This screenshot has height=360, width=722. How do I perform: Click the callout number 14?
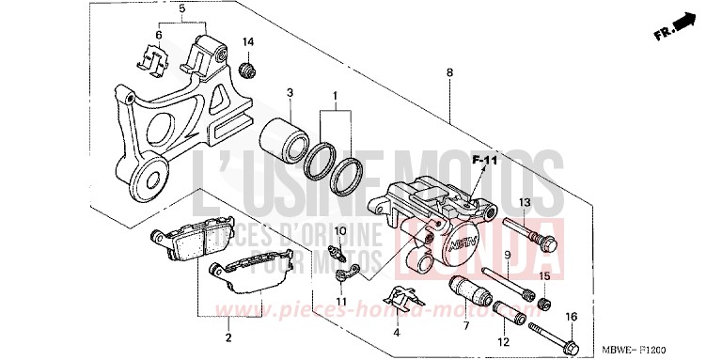pyautogui.click(x=249, y=42)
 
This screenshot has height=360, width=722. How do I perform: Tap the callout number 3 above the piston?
pyautogui.click(x=290, y=91)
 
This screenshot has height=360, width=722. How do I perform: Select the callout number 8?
pyautogui.click(x=450, y=72)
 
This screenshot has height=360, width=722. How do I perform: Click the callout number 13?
pyautogui.click(x=525, y=203)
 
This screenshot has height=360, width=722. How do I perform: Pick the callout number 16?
pyautogui.click(x=571, y=317)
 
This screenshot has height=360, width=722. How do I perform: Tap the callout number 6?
pyautogui.click(x=159, y=35)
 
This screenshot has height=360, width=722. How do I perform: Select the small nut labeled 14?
pyautogui.click(x=249, y=70)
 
